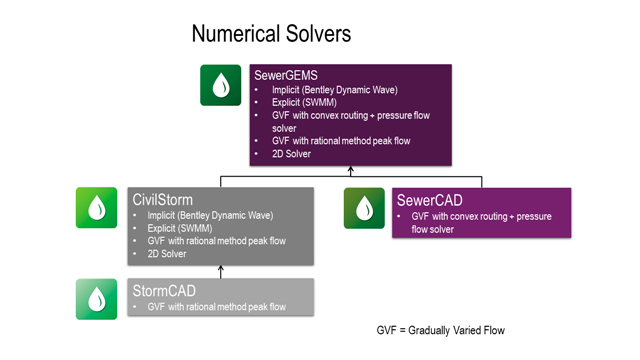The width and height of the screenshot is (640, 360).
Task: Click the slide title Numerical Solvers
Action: [271, 34]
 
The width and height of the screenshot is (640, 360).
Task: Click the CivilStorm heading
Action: [163, 199]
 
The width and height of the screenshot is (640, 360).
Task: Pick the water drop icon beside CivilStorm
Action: [97, 207]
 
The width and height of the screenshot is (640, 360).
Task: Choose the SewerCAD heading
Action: [432, 199]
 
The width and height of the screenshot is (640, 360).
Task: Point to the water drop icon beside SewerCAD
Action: [364, 208]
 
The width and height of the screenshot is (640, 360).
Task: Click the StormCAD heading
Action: [163, 290]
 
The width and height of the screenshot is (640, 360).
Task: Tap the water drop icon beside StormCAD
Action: [97, 298]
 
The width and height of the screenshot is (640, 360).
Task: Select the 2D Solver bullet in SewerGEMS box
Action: [291, 154]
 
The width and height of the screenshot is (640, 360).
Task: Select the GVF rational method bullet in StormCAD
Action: [216, 306]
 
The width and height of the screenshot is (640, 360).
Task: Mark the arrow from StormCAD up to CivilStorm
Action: [221, 270]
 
